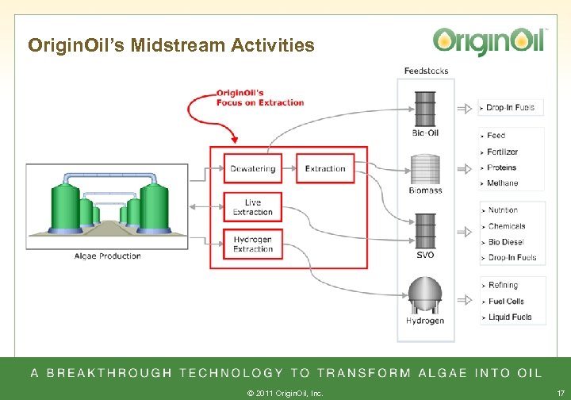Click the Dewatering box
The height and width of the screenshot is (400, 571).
(x=252, y=168)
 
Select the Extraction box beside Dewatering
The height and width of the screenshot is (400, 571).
(x=325, y=168)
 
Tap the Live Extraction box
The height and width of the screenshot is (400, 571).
(x=252, y=208)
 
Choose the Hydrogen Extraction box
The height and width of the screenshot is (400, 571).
(x=252, y=244)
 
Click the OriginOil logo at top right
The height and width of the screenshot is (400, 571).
(x=489, y=40)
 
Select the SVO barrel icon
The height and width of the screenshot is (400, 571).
(x=425, y=230)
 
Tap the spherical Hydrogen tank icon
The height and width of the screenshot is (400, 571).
(x=425, y=295)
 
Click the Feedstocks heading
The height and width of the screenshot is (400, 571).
(x=426, y=71)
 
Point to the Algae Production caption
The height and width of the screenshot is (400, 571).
(x=108, y=256)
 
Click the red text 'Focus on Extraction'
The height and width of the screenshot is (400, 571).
(x=260, y=102)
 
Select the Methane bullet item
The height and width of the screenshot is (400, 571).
(x=503, y=183)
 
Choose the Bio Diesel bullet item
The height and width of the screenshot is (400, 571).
(x=507, y=242)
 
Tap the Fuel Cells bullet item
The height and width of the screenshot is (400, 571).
(x=506, y=302)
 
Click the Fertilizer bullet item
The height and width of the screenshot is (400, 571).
(x=503, y=152)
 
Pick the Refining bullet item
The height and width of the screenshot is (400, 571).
(x=503, y=286)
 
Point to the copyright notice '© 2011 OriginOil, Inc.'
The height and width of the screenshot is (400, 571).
(x=285, y=392)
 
